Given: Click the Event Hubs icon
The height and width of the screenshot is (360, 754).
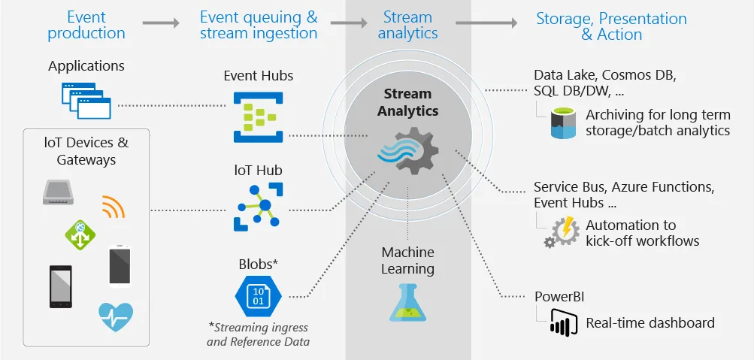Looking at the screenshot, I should (257, 116).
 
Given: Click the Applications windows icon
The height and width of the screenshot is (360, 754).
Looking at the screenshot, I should (86, 102).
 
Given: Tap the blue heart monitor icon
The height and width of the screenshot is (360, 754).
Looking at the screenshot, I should (116, 316).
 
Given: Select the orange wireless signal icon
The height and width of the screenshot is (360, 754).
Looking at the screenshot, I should (114, 206).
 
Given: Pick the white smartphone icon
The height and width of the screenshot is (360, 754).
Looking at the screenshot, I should (120, 265).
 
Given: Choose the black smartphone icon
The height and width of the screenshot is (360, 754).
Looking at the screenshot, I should (61, 286).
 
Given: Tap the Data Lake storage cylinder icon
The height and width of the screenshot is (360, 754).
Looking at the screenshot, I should (562, 123).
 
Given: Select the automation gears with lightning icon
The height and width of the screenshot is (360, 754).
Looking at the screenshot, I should (560, 231).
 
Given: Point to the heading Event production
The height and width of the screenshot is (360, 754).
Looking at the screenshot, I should (86, 25).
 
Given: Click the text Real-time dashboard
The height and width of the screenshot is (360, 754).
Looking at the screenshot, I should (650, 323).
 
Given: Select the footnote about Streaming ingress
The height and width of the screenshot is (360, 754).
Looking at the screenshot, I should (258, 334).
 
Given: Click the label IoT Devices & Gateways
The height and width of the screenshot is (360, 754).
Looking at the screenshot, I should (86, 151).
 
